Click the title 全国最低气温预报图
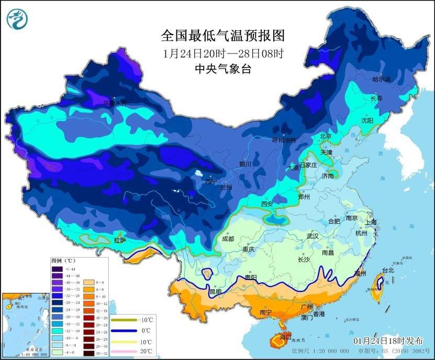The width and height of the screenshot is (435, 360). coord(222,36)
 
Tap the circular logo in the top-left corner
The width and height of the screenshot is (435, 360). coord(17,20)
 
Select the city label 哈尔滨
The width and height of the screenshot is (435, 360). coord(381,79)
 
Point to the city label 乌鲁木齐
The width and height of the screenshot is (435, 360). coord(115,103)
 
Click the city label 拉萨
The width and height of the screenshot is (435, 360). coord(120,241)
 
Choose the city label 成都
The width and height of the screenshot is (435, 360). coord(228,238)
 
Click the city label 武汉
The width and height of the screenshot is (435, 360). coord(313,236)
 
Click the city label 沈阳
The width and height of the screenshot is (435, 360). coord(367,121)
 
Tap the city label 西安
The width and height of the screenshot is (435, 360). coord(267,203)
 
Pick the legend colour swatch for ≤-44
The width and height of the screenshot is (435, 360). coord(57,269)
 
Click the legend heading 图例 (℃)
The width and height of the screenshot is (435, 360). coord(64,260)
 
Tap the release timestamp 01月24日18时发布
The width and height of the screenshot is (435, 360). coord(389,341)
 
